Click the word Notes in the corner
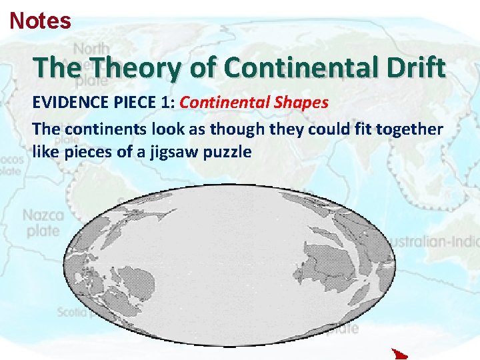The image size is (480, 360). (40, 21)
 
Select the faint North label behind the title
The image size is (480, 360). (92, 49)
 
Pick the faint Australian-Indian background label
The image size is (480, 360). (434, 240)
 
